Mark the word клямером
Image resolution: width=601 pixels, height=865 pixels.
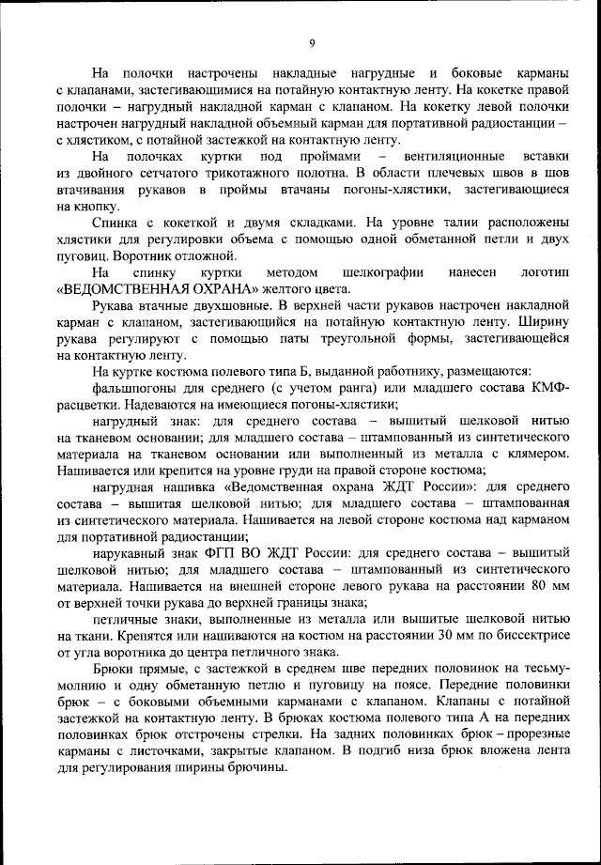(536, 453)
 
